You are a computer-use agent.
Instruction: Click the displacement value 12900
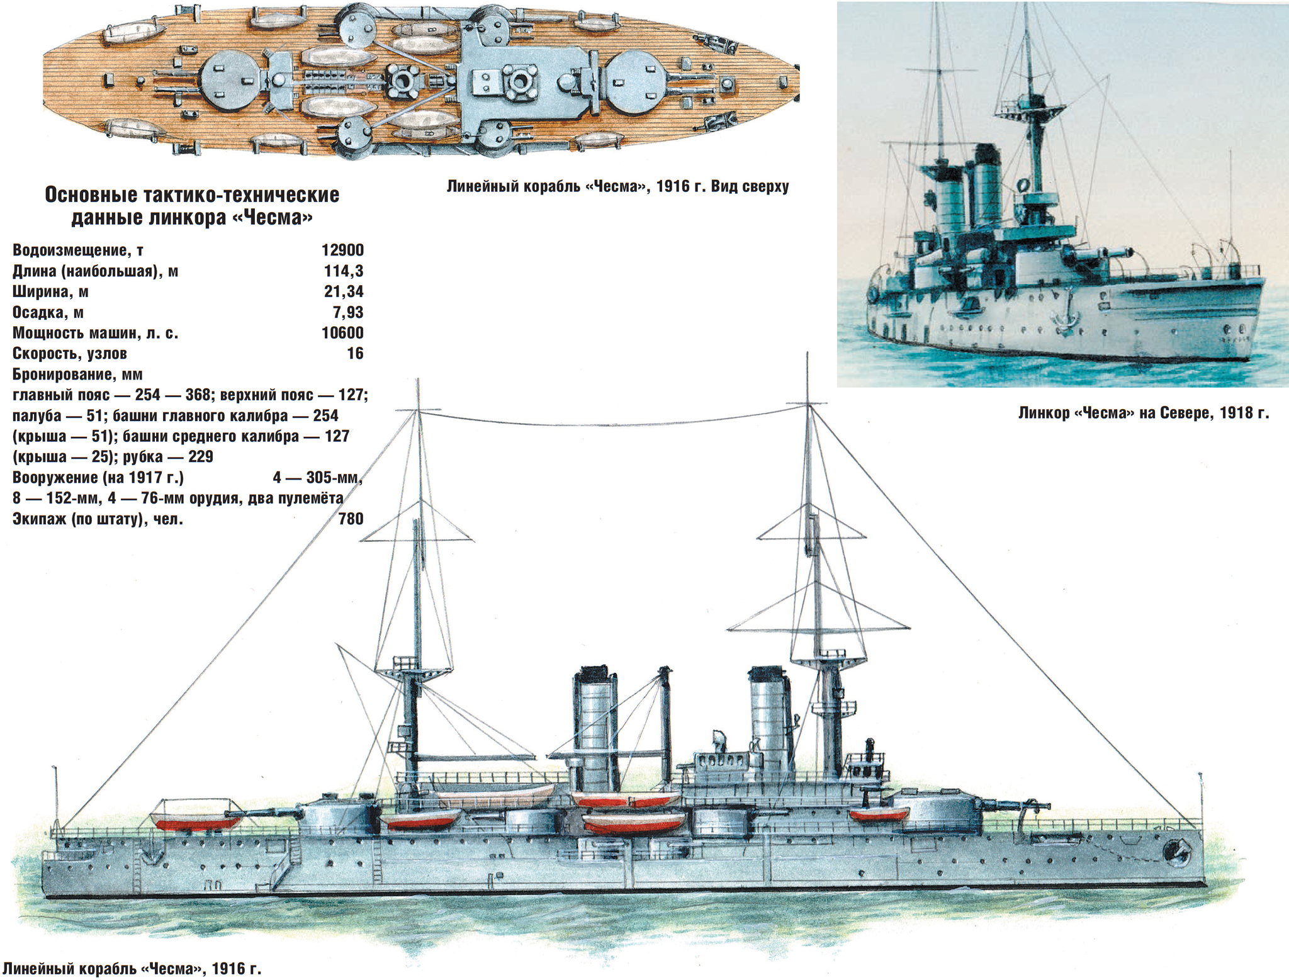[342, 250]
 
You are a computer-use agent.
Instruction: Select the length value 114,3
[344, 271]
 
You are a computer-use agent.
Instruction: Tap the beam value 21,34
[344, 291]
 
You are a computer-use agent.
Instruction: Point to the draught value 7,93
[349, 312]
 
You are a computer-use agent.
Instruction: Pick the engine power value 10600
[342, 332]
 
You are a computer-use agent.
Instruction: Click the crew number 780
[351, 519]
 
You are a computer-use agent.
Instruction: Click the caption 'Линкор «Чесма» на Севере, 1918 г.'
[1144, 413]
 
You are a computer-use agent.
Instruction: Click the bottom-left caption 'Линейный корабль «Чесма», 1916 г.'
[132, 968]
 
